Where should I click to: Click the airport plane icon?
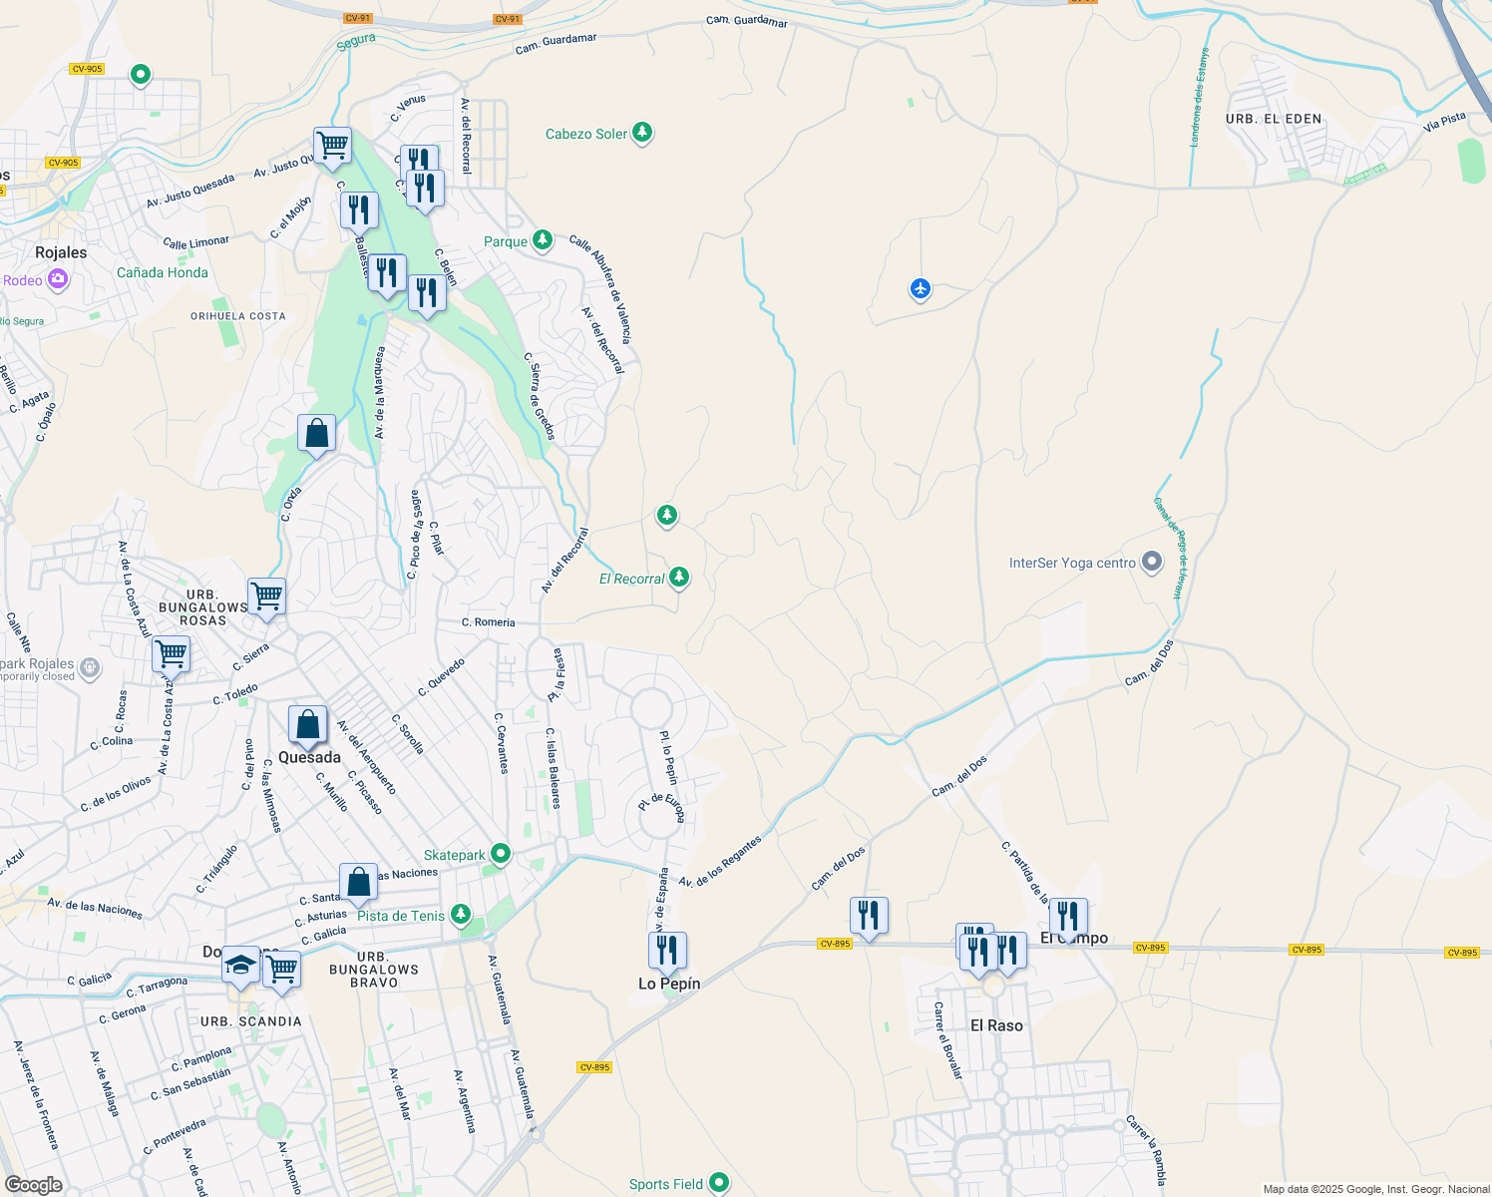(x=920, y=289)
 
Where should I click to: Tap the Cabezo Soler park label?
(x=586, y=134)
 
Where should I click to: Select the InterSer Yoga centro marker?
(x=1152, y=563)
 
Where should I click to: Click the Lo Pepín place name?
(x=669, y=984)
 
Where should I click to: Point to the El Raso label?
(x=996, y=1025)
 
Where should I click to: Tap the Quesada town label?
(x=309, y=757)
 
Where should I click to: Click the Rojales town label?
(x=61, y=252)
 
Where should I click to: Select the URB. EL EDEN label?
(x=1274, y=119)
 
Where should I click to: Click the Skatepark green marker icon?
(x=501, y=854)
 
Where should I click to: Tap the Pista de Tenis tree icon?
(x=460, y=914)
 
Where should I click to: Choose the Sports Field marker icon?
(x=718, y=1183)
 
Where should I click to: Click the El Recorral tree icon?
(x=679, y=577)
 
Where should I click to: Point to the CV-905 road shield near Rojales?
(x=63, y=163)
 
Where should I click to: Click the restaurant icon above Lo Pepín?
(x=667, y=950)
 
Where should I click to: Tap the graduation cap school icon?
(x=240, y=964)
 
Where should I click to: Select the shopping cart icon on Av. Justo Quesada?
(x=332, y=146)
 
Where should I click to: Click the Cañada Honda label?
(x=163, y=272)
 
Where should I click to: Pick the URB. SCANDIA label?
(x=250, y=1021)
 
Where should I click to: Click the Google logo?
(x=33, y=1184)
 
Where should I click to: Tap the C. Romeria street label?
(x=488, y=622)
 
